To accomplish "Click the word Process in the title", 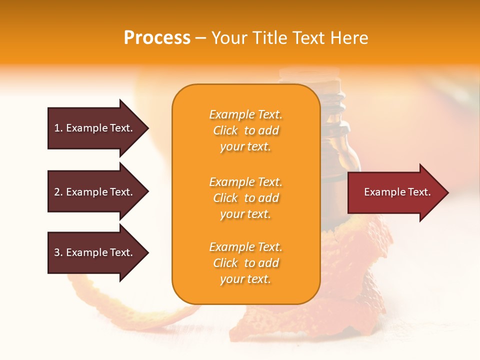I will (x=157, y=38).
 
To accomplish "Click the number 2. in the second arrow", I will (x=58, y=192).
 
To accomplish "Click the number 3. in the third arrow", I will (x=58, y=252).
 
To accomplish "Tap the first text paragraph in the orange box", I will (x=245, y=130).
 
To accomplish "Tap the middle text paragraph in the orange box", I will (x=245, y=198).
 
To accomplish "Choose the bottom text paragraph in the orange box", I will (x=245, y=263).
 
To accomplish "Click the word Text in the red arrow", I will (x=419, y=192).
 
